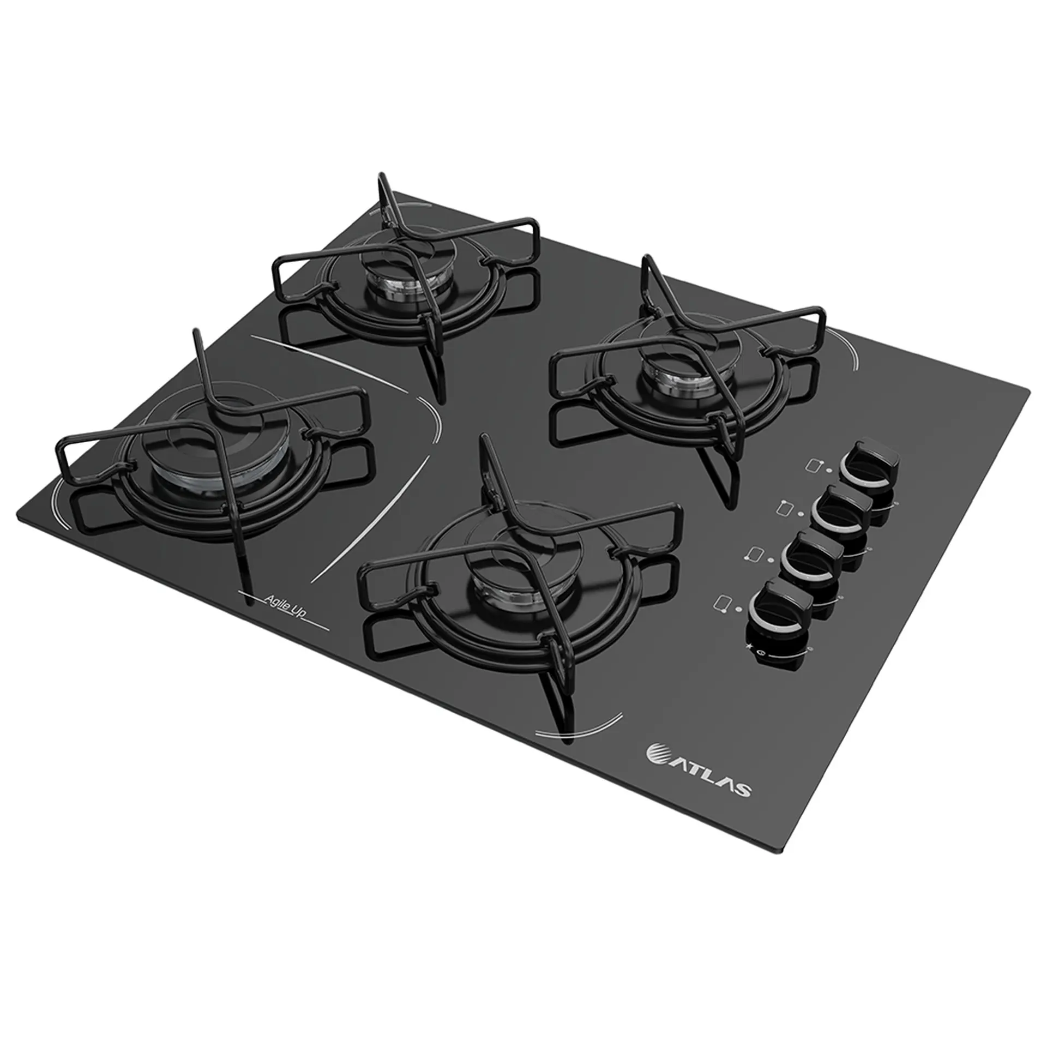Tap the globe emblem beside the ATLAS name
[x=655, y=752]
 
